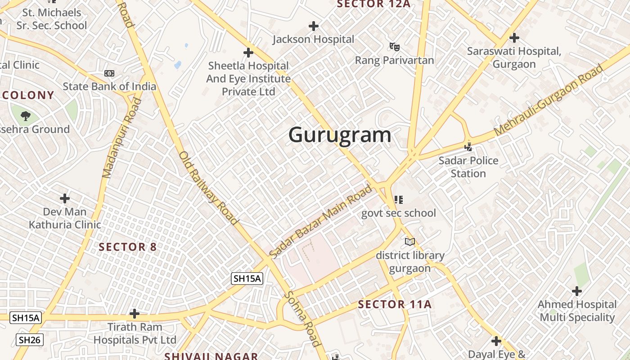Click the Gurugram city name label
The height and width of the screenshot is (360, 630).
tap(340, 135)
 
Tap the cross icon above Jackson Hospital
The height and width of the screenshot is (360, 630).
tap(314, 26)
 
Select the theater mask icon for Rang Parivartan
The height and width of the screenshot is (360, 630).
tap(395, 46)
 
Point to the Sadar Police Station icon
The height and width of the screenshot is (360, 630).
tap(468, 147)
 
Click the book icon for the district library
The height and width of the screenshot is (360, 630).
tap(409, 242)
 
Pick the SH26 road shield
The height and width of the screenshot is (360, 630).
tap(30, 340)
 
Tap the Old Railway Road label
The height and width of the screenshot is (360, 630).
tap(208, 188)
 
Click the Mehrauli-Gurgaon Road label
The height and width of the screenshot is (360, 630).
tap(549, 100)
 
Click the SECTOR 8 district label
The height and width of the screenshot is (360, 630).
tap(128, 247)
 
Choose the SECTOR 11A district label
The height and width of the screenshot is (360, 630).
tap(395, 305)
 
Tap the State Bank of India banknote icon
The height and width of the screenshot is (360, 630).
tap(109, 73)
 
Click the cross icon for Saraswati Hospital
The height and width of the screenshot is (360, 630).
tap(514, 38)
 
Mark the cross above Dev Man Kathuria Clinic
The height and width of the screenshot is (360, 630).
tap(65, 198)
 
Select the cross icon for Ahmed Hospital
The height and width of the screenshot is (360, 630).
tap(576, 291)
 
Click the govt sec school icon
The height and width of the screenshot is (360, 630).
tap(398, 199)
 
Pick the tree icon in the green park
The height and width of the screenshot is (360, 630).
tap(26, 116)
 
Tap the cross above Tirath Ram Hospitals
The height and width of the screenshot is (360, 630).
tap(134, 314)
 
